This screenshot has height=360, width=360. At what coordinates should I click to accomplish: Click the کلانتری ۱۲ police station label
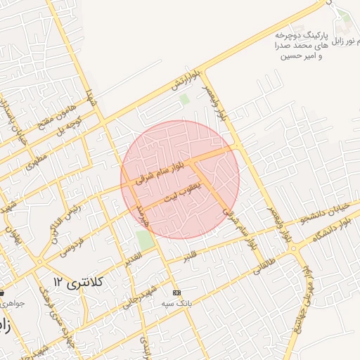(x=77, y=282)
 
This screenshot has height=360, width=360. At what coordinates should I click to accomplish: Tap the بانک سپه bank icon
(x=176, y=292)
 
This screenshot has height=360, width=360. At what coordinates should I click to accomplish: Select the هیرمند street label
(x=143, y=214)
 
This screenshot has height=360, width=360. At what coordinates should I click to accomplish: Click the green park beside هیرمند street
(x=145, y=239)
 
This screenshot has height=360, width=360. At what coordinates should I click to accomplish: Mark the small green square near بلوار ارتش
(x=184, y=99)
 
